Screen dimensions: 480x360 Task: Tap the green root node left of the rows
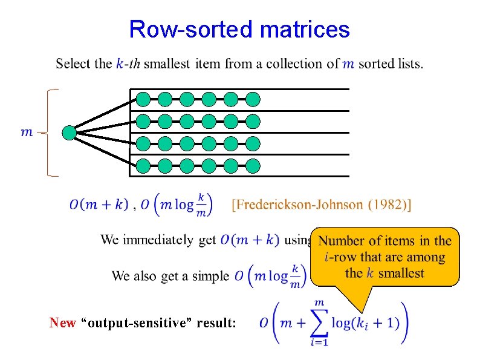click(x=70, y=133)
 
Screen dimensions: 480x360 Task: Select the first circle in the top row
click(x=143, y=99)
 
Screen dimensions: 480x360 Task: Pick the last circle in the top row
click(x=253, y=99)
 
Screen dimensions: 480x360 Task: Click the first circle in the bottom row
click(x=143, y=165)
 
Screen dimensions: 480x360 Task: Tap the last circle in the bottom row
click(x=253, y=165)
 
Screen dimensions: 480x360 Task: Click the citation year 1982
click(x=388, y=205)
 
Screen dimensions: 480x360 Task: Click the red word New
click(x=63, y=323)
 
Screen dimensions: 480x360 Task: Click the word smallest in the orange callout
click(x=401, y=273)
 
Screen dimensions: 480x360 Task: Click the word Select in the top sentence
click(x=74, y=64)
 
